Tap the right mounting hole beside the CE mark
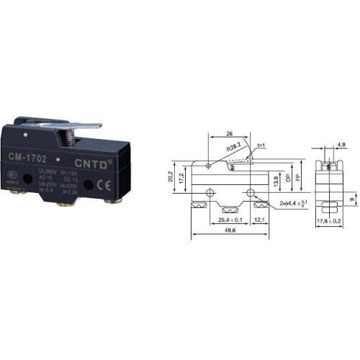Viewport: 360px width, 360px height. click(x=87, y=184)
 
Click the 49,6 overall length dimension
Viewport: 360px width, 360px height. click(x=230, y=231)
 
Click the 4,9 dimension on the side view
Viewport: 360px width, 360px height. click(x=340, y=145)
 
